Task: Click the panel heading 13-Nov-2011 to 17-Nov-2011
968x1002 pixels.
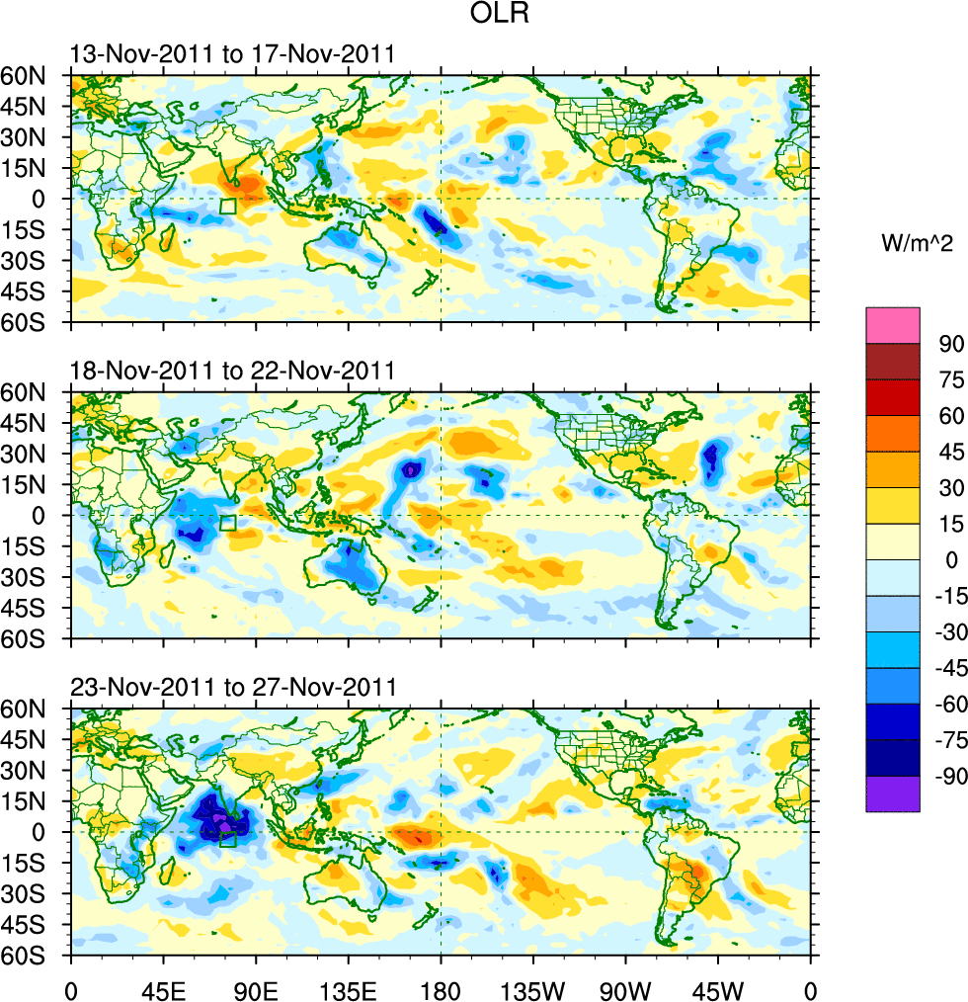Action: pos(232,54)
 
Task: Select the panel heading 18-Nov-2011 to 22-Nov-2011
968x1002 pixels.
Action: pos(232,371)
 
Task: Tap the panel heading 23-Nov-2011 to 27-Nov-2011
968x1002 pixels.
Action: pos(232,687)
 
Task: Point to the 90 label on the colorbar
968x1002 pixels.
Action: pos(951,343)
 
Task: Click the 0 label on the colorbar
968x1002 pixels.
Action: pos(952,560)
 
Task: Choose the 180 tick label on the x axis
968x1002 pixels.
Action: pos(441,987)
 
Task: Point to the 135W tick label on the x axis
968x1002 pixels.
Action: pos(532,987)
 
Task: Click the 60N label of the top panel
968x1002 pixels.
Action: pos(34,76)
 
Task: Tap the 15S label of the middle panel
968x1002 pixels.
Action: pos(34,546)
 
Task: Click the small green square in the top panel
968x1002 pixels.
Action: pos(228,207)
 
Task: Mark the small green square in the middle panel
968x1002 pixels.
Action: pos(228,523)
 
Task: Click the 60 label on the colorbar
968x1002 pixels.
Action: pos(951,416)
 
